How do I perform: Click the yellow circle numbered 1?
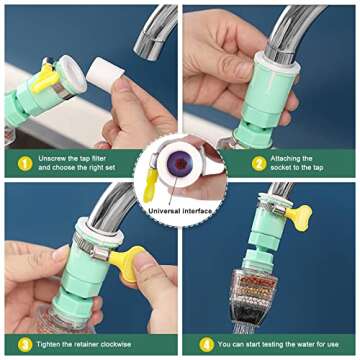click(x=25, y=163)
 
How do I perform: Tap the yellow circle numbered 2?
click(x=259, y=163)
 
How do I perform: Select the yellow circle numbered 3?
click(x=25, y=344)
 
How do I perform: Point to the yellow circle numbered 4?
click(x=207, y=344)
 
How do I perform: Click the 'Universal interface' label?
click(x=180, y=211)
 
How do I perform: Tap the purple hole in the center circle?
click(x=180, y=163)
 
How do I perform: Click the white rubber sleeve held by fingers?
click(x=105, y=75)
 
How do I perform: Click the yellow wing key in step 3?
click(x=127, y=262)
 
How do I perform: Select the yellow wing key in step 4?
click(x=299, y=217)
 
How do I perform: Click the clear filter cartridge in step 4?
click(x=252, y=297)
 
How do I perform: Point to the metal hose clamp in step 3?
click(x=93, y=247)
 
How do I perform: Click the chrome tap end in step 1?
click(x=154, y=33)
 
